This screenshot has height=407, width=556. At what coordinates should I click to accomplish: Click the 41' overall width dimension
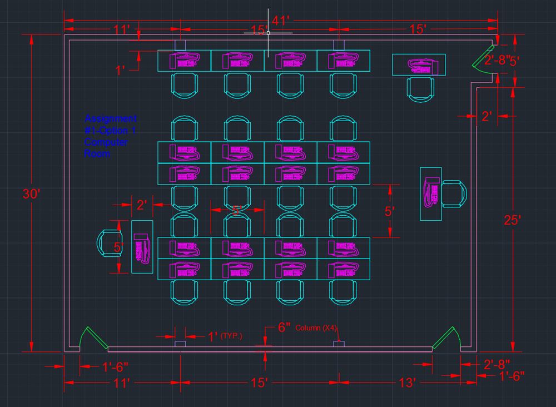(x=281, y=21)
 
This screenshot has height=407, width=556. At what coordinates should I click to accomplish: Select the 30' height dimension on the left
(x=31, y=194)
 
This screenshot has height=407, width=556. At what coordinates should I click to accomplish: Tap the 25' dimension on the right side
(x=512, y=220)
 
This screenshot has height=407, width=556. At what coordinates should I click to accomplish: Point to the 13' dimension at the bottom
(x=406, y=383)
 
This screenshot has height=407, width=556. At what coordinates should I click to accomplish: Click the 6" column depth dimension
(x=284, y=327)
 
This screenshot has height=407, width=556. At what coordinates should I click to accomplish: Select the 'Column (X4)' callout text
(x=316, y=327)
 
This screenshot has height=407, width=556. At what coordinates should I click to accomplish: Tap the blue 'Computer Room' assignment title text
(x=110, y=136)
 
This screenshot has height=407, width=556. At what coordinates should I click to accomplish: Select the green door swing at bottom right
(x=446, y=338)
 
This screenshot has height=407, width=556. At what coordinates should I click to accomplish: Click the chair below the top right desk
(x=420, y=88)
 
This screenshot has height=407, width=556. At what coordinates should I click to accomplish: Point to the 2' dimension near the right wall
(x=487, y=116)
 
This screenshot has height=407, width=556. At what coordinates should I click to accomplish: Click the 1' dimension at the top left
(x=120, y=70)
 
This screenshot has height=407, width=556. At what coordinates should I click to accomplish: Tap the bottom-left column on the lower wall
(x=180, y=344)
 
